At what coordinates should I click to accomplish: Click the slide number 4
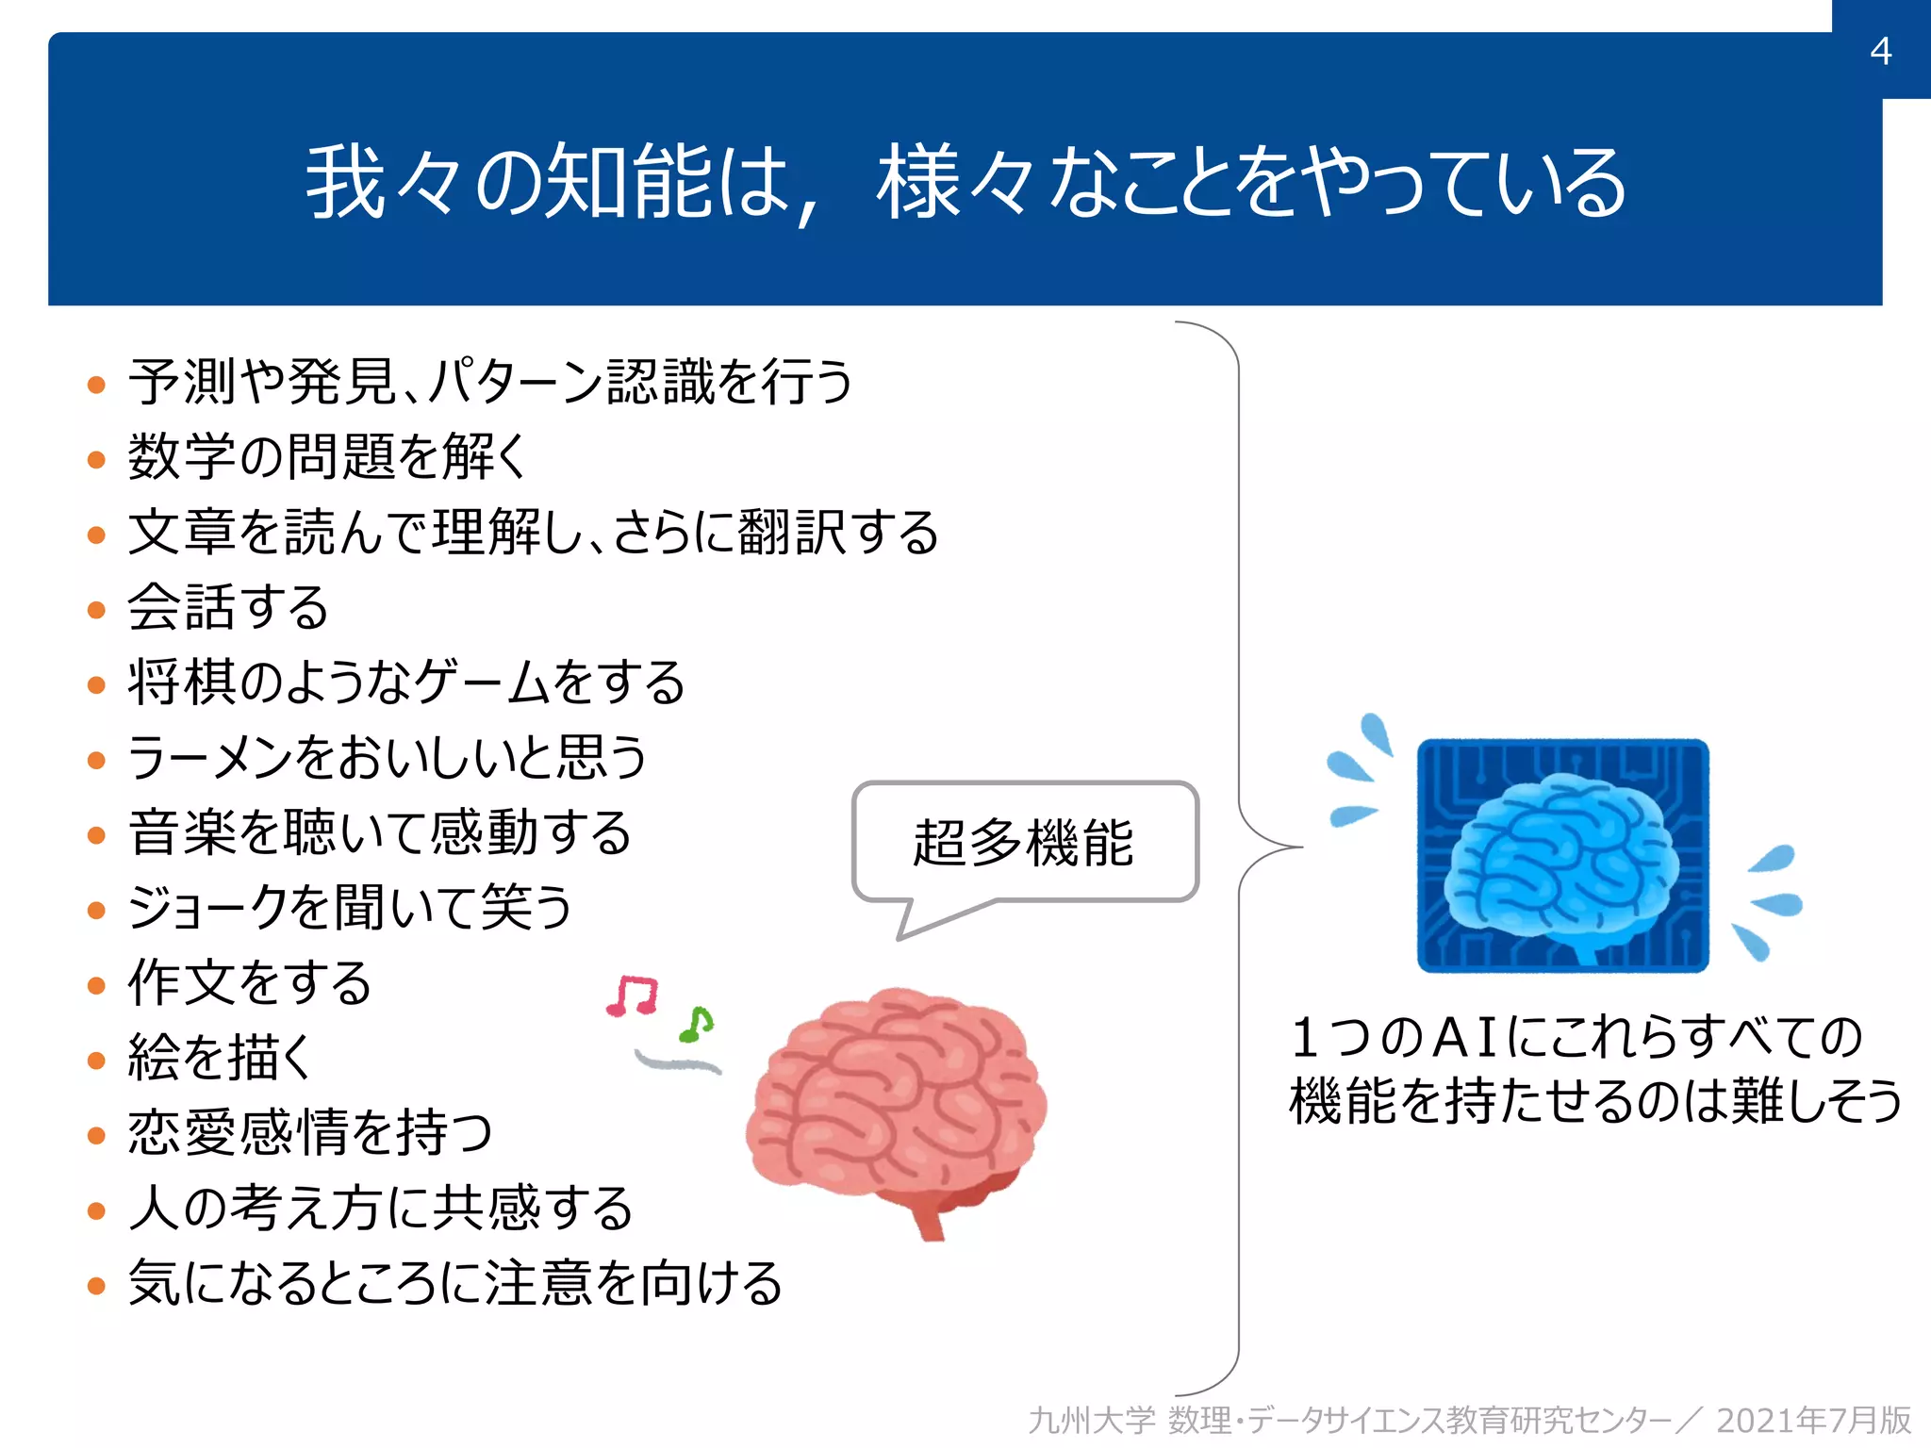tap(1880, 51)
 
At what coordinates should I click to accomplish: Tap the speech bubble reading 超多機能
tap(1024, 842)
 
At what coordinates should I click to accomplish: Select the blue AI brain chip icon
tap(1562, 855)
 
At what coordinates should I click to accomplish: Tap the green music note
tap(697, 1025)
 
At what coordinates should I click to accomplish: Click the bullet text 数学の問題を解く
tap(326, 457)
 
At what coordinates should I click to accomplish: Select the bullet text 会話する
tap(228, 607)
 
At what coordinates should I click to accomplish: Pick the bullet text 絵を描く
tap(219, 1057)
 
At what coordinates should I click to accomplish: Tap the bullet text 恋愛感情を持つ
tap(310, 1132)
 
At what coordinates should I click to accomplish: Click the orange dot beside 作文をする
tap(96, 986)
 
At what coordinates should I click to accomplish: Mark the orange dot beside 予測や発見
tap(96, 385)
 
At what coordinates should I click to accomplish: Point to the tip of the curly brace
tap(1301, 847)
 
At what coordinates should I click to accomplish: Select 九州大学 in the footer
tap(1091, 1421)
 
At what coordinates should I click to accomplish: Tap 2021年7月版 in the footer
tap(1812, 1421)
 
